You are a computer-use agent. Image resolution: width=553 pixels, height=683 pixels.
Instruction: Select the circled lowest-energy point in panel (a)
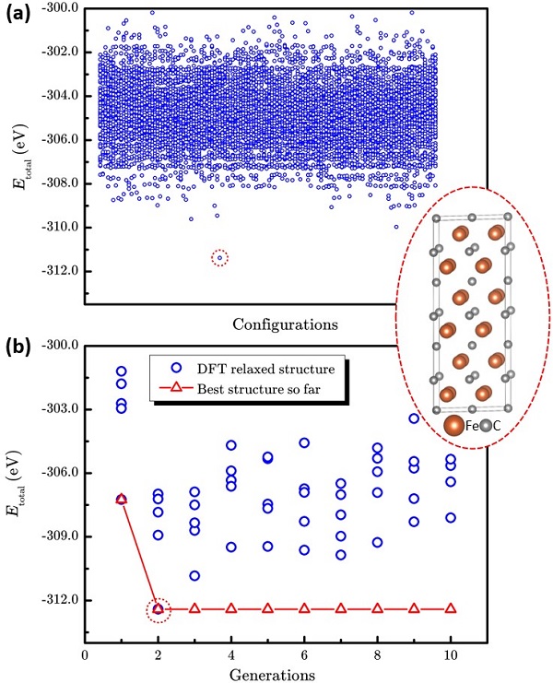219,257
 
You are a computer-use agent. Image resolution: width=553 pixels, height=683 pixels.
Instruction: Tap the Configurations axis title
284,324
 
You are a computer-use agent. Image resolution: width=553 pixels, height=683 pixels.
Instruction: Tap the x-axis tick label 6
304,654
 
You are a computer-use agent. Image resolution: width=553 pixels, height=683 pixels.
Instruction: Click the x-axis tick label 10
451,654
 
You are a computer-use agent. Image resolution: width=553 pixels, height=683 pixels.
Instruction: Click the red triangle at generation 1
121,499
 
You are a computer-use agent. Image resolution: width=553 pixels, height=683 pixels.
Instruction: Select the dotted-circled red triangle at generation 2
158,608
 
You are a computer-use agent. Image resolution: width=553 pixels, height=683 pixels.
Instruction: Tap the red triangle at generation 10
451,608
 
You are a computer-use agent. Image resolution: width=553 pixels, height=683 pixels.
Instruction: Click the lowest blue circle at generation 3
194,575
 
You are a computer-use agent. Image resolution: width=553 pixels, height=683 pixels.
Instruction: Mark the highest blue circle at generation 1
121,371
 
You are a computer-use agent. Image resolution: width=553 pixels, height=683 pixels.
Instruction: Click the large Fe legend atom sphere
454,426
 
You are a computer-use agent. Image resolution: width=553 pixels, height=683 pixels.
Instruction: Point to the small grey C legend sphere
485,425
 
